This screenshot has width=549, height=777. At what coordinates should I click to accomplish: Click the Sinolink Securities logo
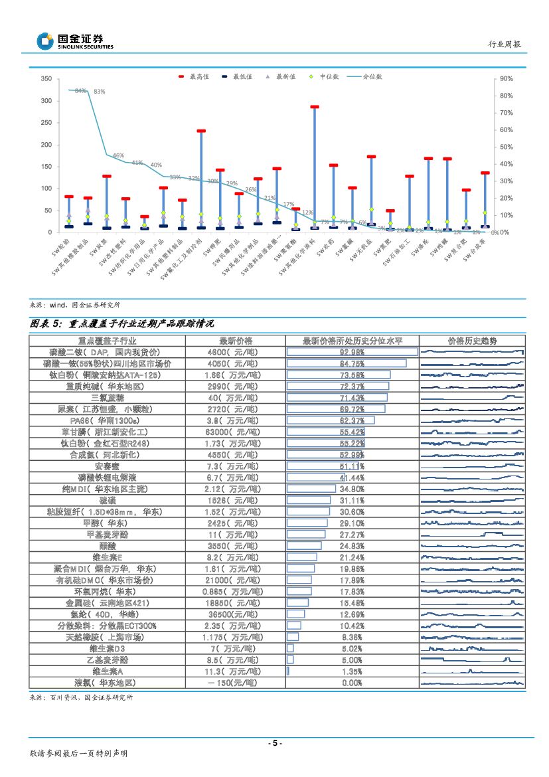coord(74,41)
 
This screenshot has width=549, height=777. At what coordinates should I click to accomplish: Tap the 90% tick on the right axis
coord(505,79)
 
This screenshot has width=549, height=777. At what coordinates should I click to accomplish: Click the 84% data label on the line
coord(80,90)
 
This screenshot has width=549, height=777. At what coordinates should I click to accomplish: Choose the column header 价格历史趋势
coord(472,341)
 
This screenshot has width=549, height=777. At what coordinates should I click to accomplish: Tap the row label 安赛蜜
coord(107,466)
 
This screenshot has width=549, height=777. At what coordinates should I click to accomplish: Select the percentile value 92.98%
coord(352,352)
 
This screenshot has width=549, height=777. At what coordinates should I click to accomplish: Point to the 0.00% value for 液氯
coord(352,683)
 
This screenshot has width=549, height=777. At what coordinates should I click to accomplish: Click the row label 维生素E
coord(107,557)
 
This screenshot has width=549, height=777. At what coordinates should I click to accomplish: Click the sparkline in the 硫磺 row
coord(472,500)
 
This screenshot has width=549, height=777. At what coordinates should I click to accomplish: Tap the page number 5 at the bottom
coord(274,743)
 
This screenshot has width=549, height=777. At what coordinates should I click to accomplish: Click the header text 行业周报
coord(505,44)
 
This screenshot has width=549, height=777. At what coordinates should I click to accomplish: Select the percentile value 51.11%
coord(352,466)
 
